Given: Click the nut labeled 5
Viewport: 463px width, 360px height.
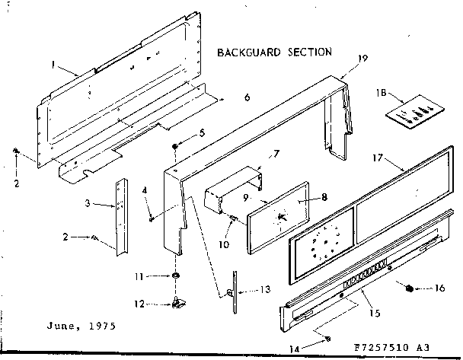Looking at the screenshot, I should coord(176,145).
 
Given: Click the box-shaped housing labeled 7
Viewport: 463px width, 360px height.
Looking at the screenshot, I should coord(229,186).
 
